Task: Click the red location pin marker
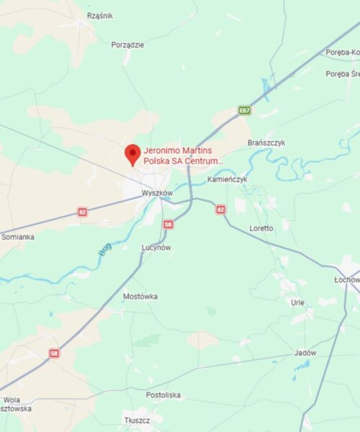pyautogui.click(x=132, y=153)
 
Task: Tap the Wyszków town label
pyautogui.click(x=157, y=193)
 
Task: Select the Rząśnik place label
pyautogui.click(x=99, y=15)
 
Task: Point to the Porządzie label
pyautogui.click(x=127, y=45)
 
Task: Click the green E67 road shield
pyautogui.click(x=245, y=110)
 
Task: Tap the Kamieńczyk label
pyautogui.click(x=227, y=179)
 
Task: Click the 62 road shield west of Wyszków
pyautogui.click(x=83, y=212)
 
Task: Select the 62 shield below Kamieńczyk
pyautogui.click(x=220, y=209)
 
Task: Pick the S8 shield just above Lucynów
pyautogui.click(x=168, y=225)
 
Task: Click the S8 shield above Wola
pyautogui.click(x=54, y=353)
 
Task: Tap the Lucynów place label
pyautogui.click(x=156, y=247)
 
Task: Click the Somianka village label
pyautogui.click(x=17, y=237)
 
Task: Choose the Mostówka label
pyautogui.click(x=140, y=296)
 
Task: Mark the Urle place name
pyautogui.click(x=297, y=302)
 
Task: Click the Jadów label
pyautogui.click(x=305, y=353)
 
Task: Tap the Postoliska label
pyautogui.click(x=163, y=395)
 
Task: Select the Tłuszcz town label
pyautogui.click(x=136, y=420)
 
